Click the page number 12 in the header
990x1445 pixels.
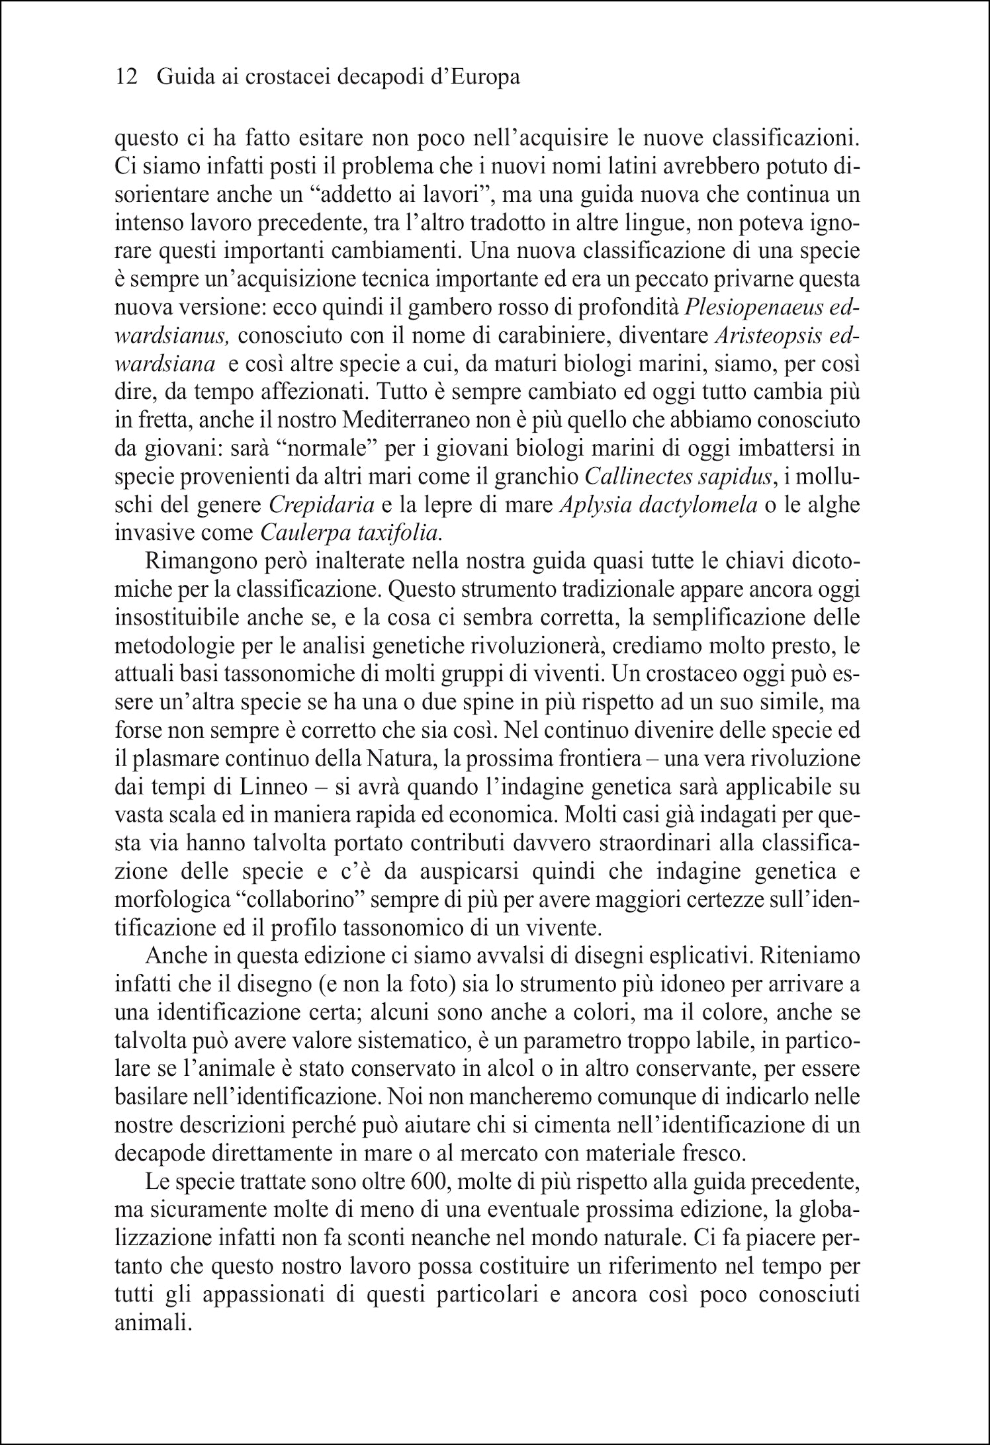(x=126, y=77)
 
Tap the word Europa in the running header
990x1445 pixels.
(x=482, y=77)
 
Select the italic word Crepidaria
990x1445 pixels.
(x=322, y=505)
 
